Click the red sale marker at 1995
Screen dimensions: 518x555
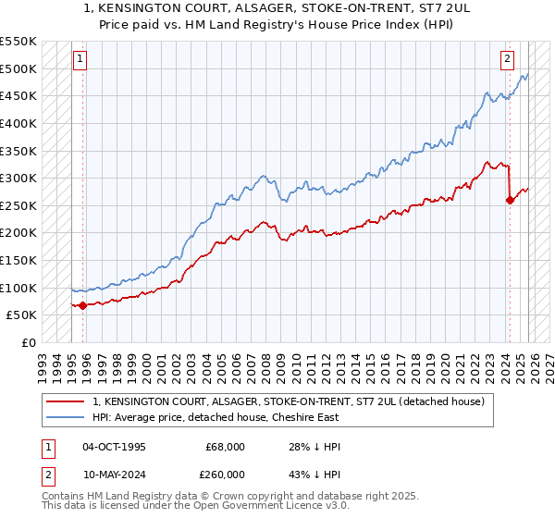83,305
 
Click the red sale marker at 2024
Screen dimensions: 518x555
510,200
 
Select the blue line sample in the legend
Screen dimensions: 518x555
66,417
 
